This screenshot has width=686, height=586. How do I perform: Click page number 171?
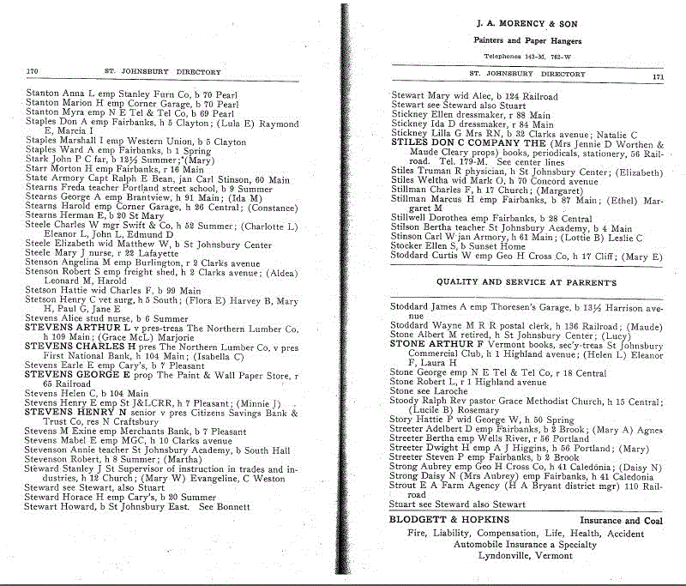tap(659, 76)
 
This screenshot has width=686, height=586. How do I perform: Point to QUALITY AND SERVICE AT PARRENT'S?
tap(527, 281)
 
